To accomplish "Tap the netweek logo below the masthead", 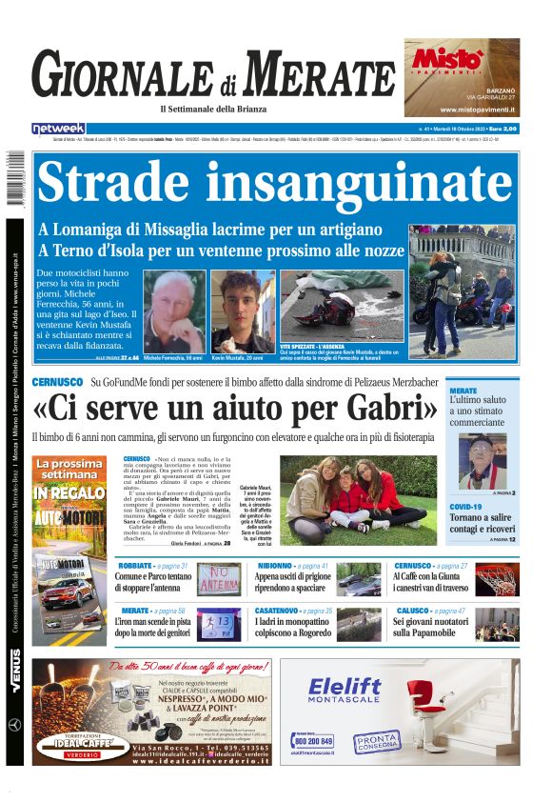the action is [x=58, y=129].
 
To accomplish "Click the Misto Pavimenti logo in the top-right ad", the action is [x=446, y=60].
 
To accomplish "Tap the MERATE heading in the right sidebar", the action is [x=463, y=391].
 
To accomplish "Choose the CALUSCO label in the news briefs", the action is [x=410, y=611].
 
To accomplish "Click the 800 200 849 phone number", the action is [x=314, y=740].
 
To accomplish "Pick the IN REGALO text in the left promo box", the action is [x=69, y=493].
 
